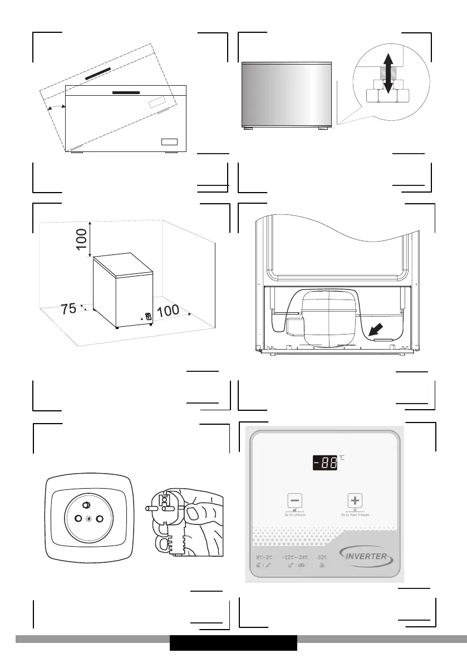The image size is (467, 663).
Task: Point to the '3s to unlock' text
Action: coord(295,514)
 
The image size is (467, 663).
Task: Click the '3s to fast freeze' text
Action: coord(356,514)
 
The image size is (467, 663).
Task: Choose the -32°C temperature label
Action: coord(322,557)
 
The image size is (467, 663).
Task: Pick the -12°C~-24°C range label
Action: coord(295,557)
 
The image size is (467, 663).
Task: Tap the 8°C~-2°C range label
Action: coord(264,557)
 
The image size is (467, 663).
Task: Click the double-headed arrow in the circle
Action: coord(389,73)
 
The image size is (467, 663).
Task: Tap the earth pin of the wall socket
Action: coord(86,505)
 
